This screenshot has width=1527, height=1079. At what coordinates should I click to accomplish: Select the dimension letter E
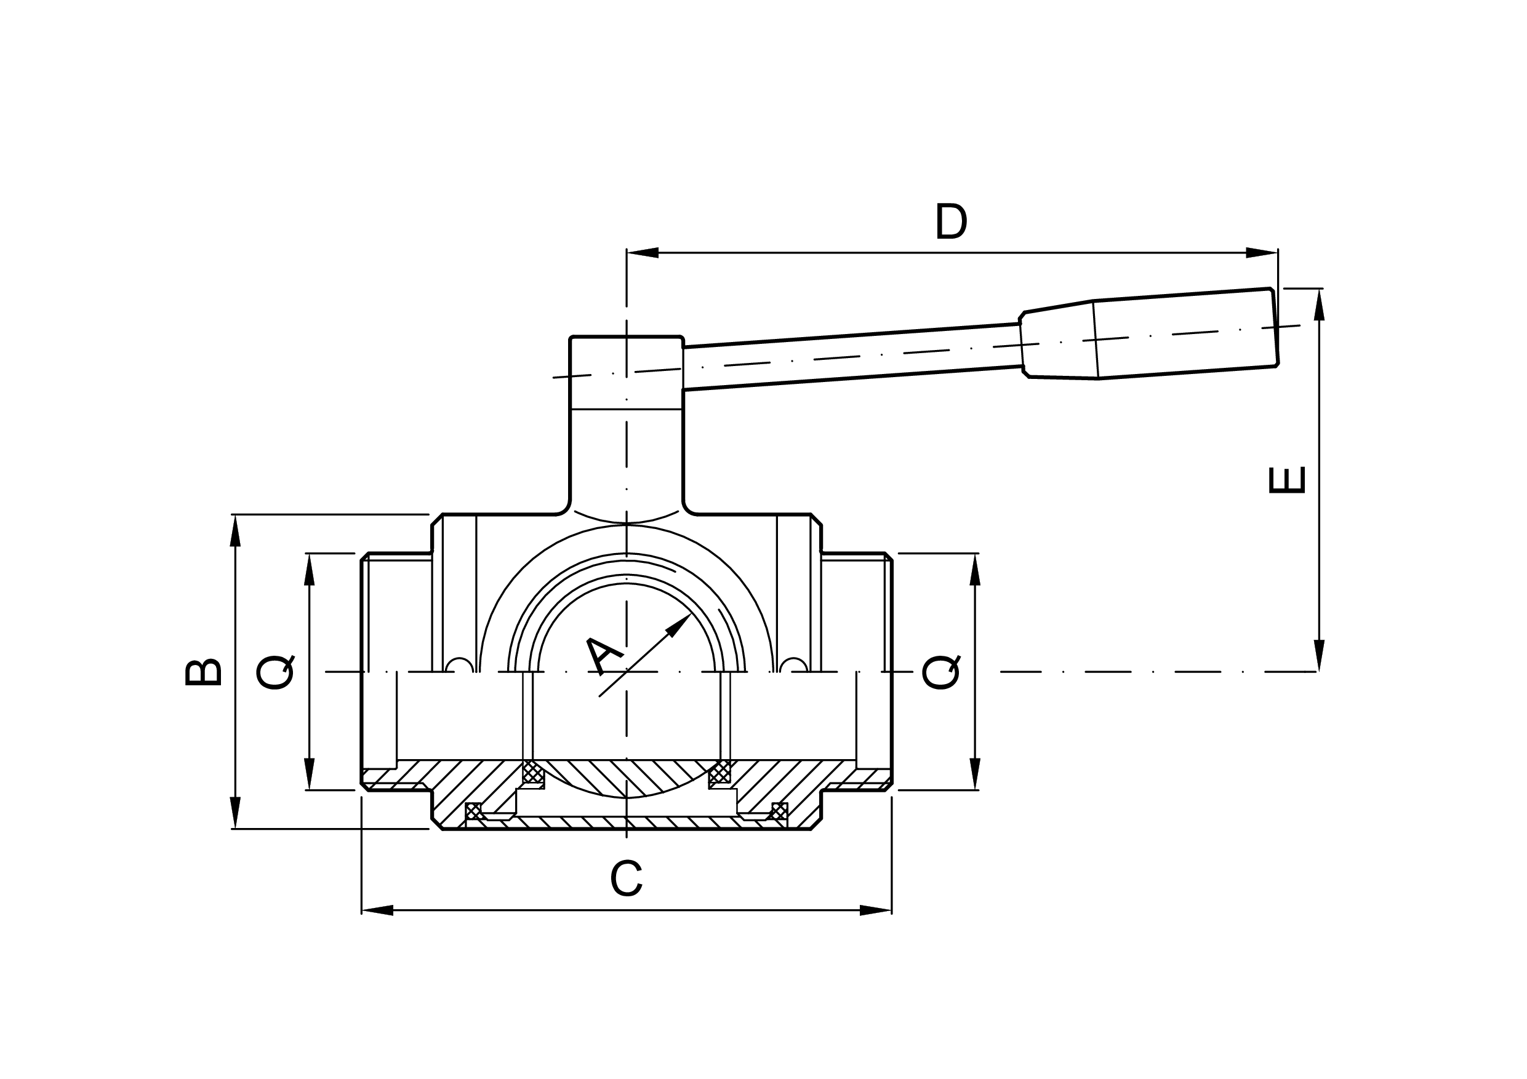1288,480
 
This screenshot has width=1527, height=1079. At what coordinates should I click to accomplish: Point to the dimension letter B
203,672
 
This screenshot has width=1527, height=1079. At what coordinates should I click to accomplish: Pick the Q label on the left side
275,673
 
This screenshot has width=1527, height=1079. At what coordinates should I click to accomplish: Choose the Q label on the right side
941,673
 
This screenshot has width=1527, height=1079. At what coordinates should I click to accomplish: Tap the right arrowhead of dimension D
1261,253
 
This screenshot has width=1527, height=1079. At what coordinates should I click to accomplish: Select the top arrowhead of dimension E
1320,305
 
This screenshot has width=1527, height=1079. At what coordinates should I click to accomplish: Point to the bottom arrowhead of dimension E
1320,655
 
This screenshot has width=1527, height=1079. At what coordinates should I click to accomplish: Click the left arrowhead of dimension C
377,910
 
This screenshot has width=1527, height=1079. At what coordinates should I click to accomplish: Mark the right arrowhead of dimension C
875,910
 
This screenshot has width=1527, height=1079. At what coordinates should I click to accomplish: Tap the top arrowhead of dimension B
234,530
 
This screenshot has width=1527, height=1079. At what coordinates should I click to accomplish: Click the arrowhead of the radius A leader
679,624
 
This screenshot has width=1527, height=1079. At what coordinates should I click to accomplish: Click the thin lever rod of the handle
851,356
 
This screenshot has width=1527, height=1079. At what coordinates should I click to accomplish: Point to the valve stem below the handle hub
627,459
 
